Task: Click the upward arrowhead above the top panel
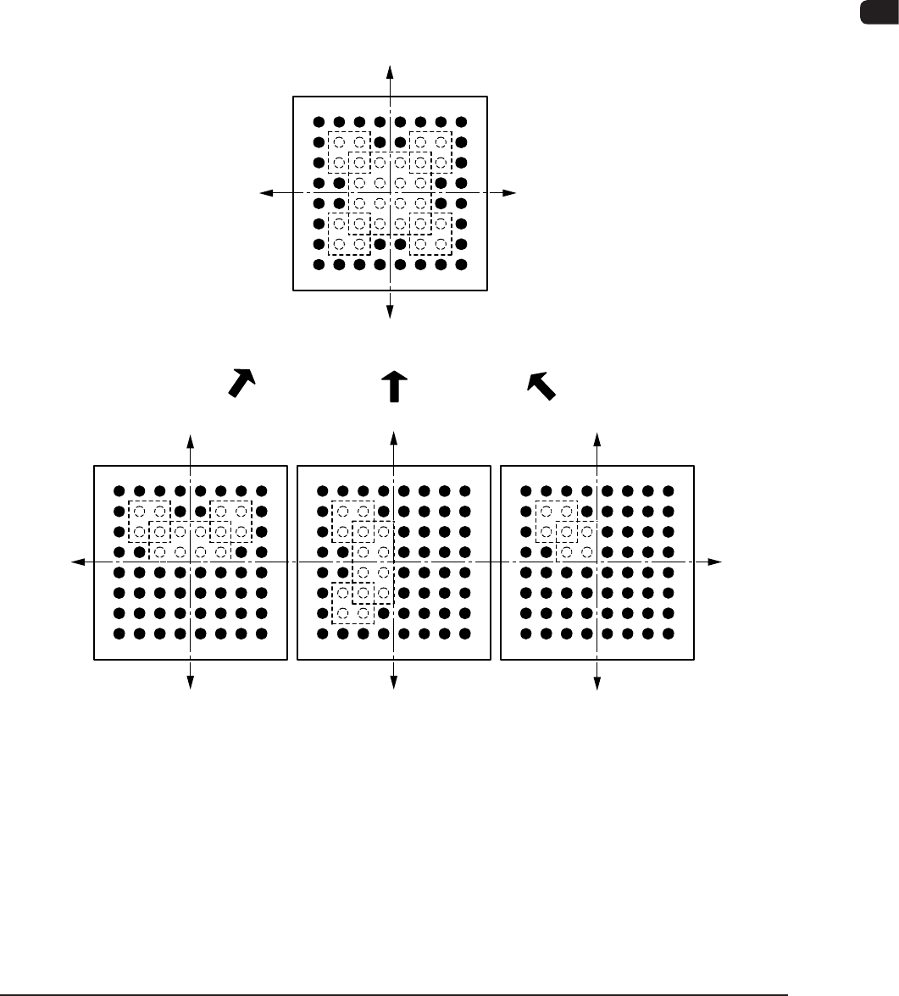[390, 69]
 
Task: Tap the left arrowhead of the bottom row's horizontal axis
[77, 561]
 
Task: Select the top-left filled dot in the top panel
[319, 122]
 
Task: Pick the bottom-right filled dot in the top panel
[461, 264]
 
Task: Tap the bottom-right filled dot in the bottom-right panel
[669, 633]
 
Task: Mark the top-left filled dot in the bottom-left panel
[119, 490]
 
